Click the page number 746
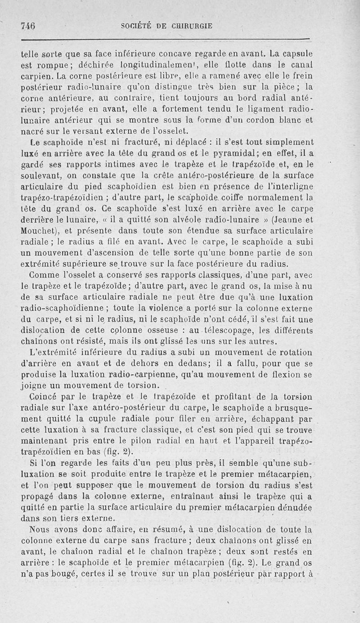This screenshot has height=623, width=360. click(28, 26)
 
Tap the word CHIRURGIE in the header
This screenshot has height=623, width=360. click(192, 26)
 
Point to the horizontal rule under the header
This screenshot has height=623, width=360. click(166, 39)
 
